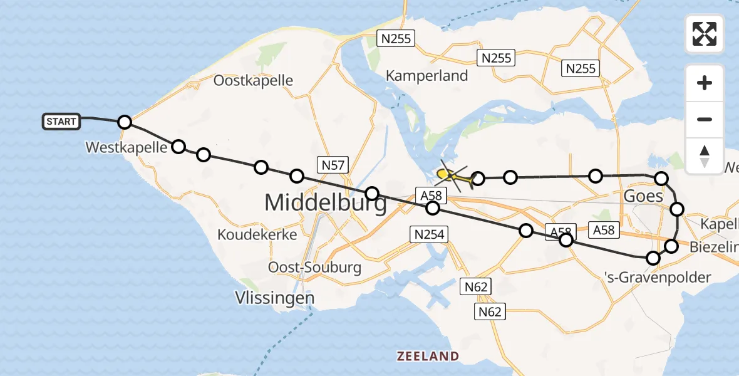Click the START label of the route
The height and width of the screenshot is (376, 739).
61,122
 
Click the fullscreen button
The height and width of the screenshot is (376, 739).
705,34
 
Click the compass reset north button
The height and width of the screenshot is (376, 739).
705,155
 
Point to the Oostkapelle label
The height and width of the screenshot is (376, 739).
253,81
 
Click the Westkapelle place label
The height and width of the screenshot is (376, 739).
127,148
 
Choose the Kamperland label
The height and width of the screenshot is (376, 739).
426,76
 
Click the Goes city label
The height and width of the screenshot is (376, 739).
643,197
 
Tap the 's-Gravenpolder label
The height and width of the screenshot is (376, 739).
658,277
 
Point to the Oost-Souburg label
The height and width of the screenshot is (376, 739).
314,267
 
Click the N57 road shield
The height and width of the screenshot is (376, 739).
333,165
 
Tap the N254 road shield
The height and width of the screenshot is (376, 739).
429,235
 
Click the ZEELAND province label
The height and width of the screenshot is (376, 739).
428,357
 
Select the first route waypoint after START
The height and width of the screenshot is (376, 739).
125,122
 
